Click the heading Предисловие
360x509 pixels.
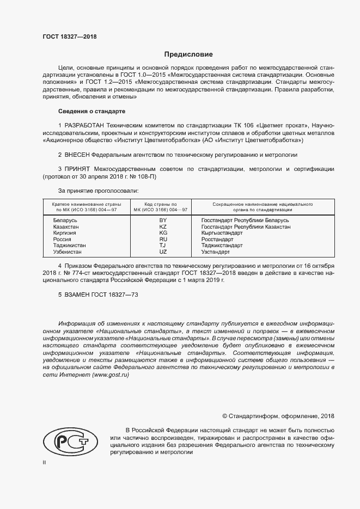pyautogui.click(x=189, y=54)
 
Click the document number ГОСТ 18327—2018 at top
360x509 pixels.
pyautogui.click(x=69, y=37)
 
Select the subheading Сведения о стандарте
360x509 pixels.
pyautogui.click(x=88, y=111)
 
